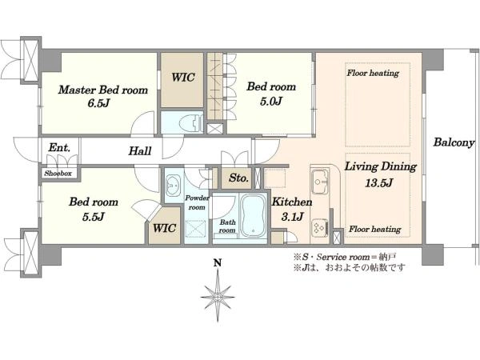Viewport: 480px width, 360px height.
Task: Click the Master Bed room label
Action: point(103,90)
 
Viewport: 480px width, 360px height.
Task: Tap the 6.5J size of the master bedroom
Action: point(98,103)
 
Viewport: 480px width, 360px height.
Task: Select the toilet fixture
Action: point(191,123)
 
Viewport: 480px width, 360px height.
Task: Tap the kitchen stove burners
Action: point(319,228)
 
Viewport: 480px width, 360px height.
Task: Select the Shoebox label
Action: point(58,174)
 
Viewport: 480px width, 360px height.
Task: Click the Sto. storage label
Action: point(238,178)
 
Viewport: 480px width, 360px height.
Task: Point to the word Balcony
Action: point(454,142)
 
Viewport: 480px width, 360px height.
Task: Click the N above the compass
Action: point(218,262)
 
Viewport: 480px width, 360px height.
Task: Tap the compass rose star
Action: point(218,297)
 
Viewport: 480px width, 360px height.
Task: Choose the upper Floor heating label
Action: point(373,73)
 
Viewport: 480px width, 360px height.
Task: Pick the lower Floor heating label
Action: point(375,230)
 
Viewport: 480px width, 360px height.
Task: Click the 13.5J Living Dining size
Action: point(378,183)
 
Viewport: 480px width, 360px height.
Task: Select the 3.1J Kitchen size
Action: point(292,217)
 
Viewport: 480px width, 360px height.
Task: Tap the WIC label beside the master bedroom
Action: point(182,77)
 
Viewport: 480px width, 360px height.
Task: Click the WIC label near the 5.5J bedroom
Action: point(164,228)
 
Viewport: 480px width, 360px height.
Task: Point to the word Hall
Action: point(140,151)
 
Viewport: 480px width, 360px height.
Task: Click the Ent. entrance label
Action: point(59,148)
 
